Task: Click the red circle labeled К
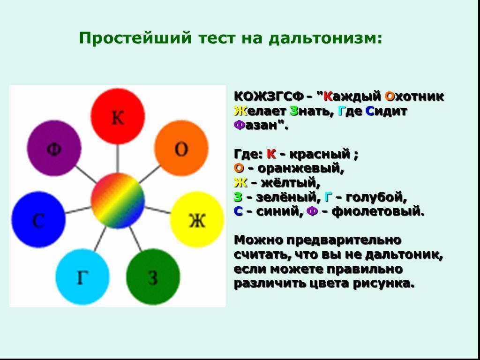tap(118, 116)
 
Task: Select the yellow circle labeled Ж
tap(197, 219)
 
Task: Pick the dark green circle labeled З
tap(153, 277)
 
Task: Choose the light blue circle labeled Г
tap(82, 277)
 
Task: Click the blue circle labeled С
tap(38, 219)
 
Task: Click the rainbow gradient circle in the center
tap(118, 201)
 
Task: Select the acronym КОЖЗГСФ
tap(269, 97)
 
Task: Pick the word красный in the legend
tap(320, 154)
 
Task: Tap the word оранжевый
tap(299, 169)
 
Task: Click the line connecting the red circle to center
tap(118, 158)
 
